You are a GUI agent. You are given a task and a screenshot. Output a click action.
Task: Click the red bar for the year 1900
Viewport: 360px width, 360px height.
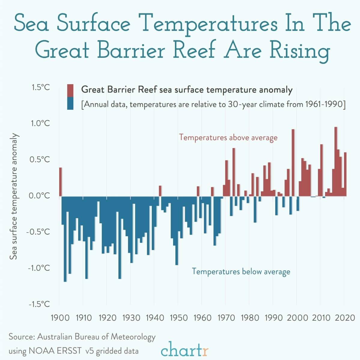tap(60, 182)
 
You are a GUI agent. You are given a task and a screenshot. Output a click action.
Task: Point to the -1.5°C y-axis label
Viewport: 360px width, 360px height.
tap(39, 304)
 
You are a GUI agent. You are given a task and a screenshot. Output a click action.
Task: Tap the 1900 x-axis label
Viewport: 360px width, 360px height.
tap(60, 318)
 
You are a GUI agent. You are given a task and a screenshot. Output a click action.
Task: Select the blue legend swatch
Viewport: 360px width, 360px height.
tap(70, 103)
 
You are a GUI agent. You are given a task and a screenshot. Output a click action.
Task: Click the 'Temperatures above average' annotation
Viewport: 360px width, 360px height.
tap(228, 137)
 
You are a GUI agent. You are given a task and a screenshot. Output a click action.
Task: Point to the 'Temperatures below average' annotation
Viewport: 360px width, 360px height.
tap(241, 271)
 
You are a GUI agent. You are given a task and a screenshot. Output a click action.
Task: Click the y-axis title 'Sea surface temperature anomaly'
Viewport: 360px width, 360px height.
tap(14, 196)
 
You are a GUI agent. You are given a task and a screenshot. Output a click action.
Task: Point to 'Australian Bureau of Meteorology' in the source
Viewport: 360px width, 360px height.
tap(96, 337)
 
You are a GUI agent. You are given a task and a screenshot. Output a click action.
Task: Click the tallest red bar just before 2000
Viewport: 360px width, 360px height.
tap(293, 162)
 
